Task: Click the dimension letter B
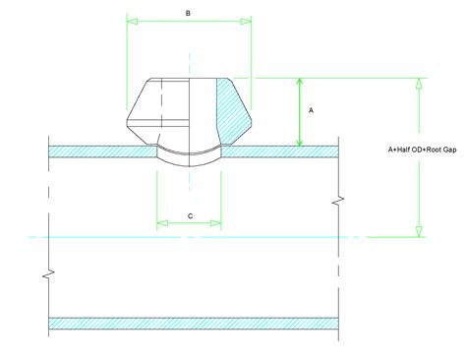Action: coord(189,12)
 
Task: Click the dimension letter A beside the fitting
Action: coord(311,111)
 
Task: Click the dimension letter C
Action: coord(189,214)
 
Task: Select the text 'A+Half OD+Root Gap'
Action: coord(421,150)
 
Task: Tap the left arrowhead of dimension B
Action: coord(131,20)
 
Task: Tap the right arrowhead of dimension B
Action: coord(248,20)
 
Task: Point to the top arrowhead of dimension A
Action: coord(300,83)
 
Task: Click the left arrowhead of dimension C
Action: coord(160,223)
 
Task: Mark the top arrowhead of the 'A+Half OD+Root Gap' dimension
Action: coord(419,83)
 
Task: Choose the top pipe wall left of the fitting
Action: coord(98,150)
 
